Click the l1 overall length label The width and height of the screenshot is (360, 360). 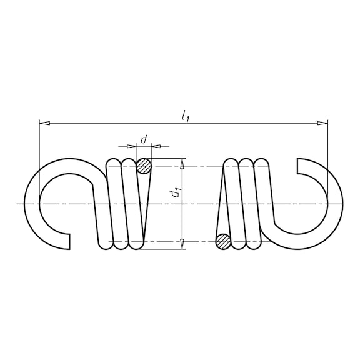[x=185, y=116]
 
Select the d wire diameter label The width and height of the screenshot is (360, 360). [x=144, y=139]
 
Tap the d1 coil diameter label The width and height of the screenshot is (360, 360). [x=176, y=192]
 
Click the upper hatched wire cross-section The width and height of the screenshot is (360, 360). [x=144, y=166]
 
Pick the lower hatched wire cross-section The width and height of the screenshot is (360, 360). [x=223, y=242]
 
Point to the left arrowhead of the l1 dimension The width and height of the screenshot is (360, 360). [x=44, y=123]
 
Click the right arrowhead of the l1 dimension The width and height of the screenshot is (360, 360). [x=322, y=123]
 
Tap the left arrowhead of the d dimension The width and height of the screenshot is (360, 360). [x=131, y=146]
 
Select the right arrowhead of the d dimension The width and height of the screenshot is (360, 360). [x=156, y=146]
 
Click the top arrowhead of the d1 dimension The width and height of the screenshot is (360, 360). [x=182, y=164]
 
